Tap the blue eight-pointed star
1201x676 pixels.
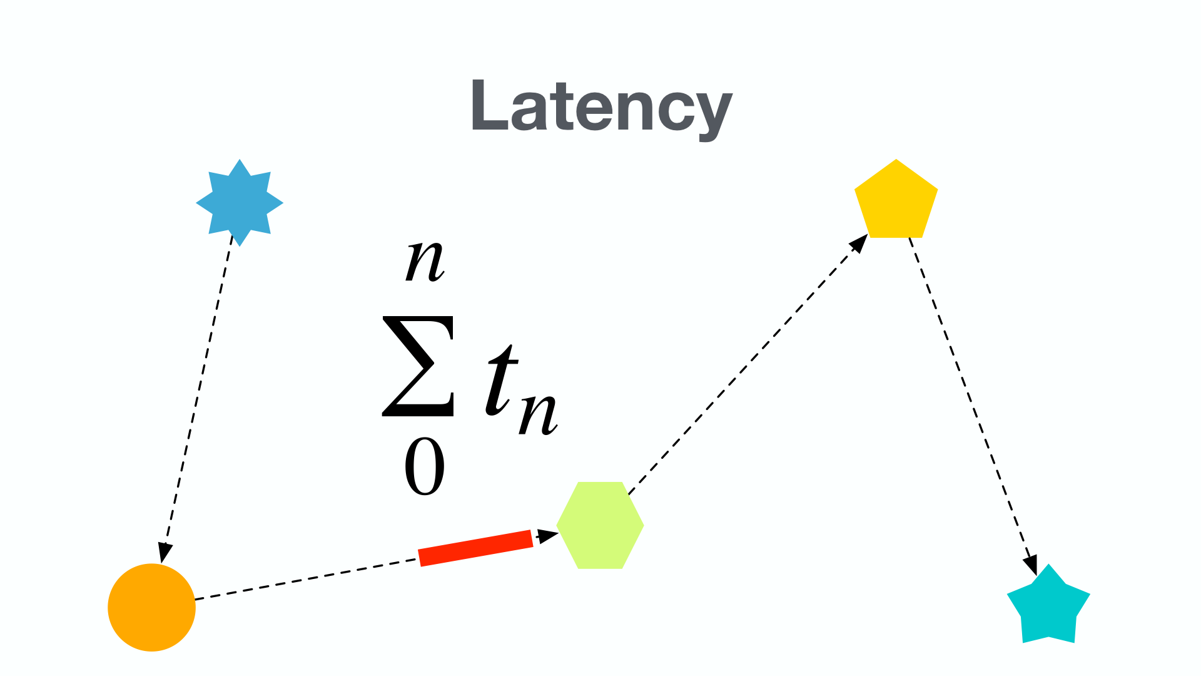240,203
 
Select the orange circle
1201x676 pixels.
151,607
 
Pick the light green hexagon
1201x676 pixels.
600,525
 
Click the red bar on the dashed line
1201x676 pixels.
475,548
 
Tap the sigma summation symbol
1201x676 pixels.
418,366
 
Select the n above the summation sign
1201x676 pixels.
425,261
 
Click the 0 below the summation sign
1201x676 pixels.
425,466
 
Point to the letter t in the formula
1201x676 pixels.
500,382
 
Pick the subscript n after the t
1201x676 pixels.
538,413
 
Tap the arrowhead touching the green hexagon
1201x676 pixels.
548,536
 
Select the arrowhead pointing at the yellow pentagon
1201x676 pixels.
859,243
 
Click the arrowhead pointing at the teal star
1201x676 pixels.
1030,565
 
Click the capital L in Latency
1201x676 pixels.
488,106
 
